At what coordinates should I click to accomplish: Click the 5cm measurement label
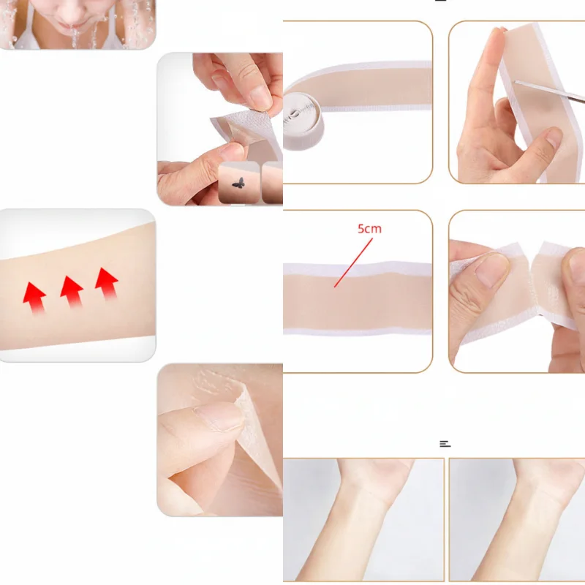[x=369, y=229]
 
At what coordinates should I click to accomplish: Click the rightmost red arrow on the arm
[x=107, y=282]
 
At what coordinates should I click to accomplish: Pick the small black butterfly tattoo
[x=237, y=183]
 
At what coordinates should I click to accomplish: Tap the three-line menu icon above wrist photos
[x=445, y=444]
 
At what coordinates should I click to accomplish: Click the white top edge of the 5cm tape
[x=358, y=268]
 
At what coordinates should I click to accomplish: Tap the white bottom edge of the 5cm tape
[x=358, y=331]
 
